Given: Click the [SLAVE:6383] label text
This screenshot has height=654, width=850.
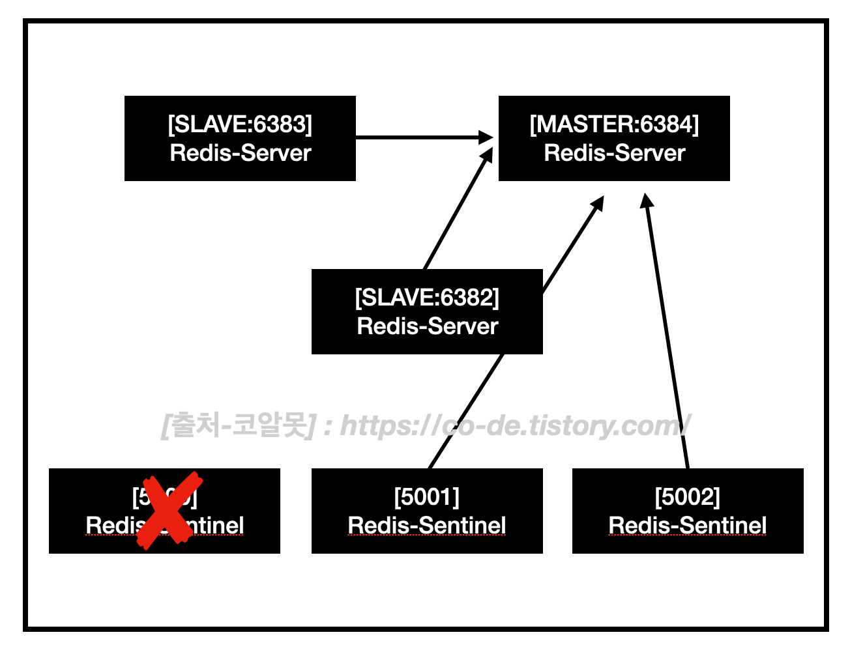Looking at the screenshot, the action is [240, 124].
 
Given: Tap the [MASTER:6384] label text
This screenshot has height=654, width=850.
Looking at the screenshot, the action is [614, 124].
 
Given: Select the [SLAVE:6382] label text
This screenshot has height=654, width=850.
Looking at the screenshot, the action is [427, 297].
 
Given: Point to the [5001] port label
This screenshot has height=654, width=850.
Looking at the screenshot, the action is [427, 496].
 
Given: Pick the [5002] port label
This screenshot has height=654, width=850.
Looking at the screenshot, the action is [688, 496].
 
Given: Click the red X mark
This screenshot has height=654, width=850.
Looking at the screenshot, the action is [169, 511].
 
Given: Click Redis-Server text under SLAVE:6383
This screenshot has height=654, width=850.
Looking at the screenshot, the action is [240, 153].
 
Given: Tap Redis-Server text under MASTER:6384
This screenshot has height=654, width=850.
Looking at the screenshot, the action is [614, 153].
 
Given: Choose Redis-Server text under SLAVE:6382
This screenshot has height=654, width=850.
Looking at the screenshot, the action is [427, 326].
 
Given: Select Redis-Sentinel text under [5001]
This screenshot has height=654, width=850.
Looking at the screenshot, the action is [427, 525].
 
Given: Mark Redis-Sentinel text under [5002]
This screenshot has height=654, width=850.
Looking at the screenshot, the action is [688, 525].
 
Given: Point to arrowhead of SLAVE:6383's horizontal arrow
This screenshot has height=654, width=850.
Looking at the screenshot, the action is [486, 137].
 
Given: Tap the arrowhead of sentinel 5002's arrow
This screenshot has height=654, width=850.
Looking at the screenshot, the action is [647, 201].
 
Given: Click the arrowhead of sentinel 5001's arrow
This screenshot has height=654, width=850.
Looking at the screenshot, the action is [597, 203].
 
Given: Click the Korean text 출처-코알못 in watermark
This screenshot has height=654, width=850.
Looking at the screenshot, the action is [239, 425].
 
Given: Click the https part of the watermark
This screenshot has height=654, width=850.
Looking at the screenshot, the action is [378, 425].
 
